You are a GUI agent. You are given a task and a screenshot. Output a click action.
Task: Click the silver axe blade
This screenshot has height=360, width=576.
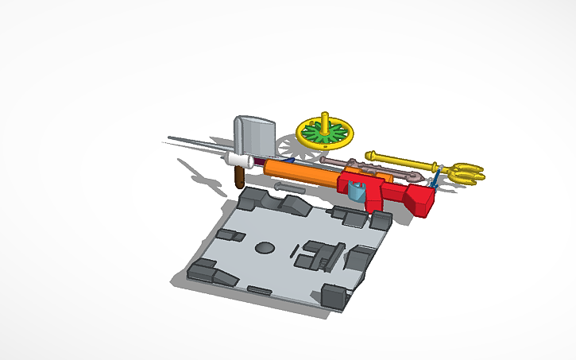[254, 135]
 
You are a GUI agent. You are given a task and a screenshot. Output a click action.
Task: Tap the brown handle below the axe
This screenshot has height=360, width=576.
[238, 176]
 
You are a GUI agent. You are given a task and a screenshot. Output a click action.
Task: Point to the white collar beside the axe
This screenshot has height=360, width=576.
[238, 160]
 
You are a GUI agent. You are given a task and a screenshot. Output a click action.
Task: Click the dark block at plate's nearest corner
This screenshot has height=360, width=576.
[334, 298]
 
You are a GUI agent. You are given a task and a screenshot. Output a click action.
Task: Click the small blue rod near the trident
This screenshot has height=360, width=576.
[435, 178]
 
